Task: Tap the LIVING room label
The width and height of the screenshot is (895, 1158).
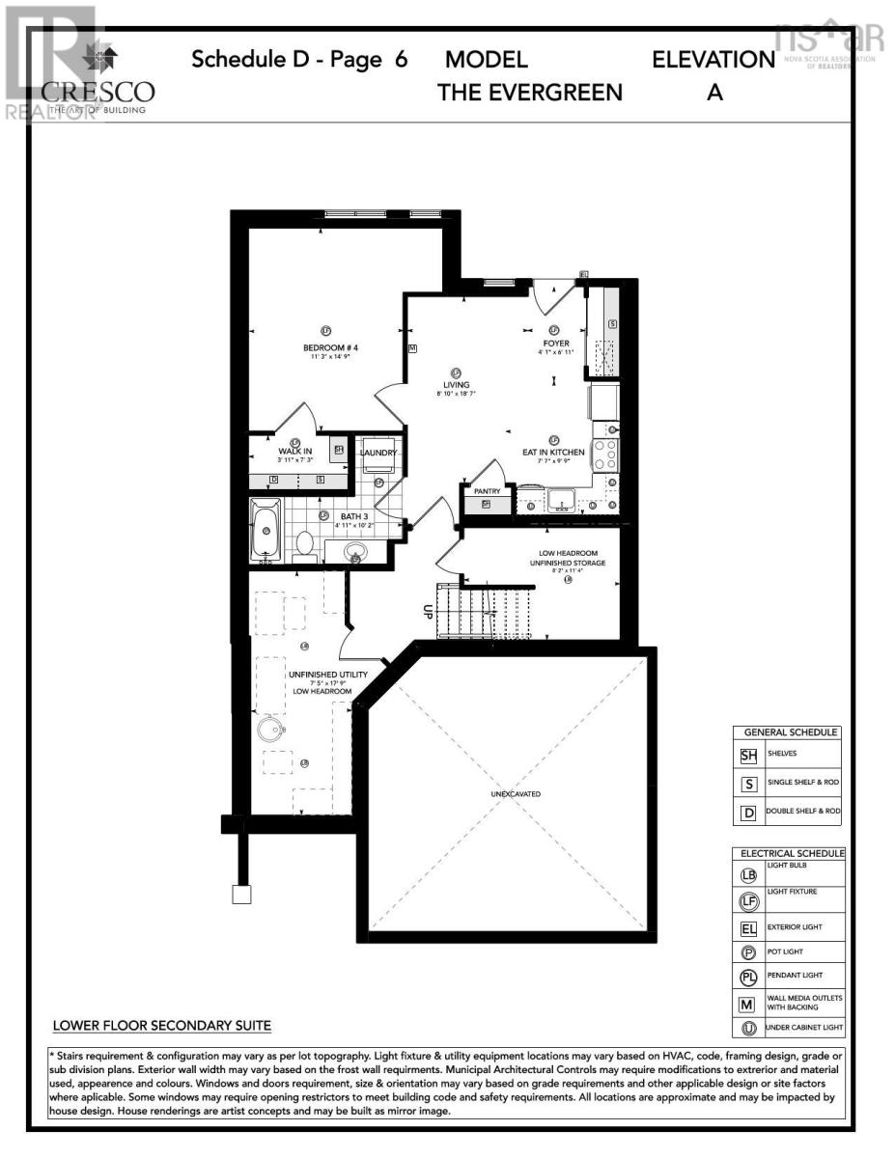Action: click(456, 384)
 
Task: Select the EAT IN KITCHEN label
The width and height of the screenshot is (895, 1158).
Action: click(553, 452)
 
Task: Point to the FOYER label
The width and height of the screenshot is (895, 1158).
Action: click(555, 343)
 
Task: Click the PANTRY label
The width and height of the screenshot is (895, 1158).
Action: click(487, 491)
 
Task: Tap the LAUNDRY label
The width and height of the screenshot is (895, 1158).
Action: click(378, 452)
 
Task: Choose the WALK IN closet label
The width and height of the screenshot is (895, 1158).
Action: click(294, 451)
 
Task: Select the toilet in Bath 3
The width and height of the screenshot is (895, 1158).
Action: click(305, 543)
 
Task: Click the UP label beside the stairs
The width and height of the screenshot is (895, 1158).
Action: click(426, 611)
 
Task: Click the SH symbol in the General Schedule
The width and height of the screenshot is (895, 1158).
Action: click(748, 756)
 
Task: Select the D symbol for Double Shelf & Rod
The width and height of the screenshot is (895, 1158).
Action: click(748, 812)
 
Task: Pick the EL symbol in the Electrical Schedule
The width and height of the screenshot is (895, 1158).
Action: click(748, 929)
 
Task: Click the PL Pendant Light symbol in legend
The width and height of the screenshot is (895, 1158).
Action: click(748, 977)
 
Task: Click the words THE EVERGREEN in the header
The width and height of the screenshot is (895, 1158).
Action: click(530, 93)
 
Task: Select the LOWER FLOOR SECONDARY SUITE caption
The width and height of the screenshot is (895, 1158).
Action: click(161, 1025)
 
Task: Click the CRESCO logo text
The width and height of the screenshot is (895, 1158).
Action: click(98, 92)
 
